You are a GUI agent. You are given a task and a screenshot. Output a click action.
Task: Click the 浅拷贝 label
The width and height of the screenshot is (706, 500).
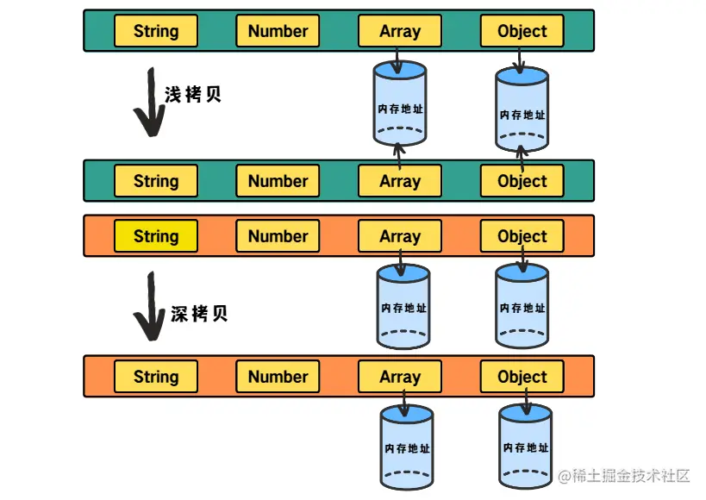click(193, 95)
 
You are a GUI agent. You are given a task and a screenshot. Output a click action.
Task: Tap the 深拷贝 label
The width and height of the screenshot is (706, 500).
click(199, 314)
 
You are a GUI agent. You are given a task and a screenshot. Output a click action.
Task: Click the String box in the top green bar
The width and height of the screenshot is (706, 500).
click(156, 31)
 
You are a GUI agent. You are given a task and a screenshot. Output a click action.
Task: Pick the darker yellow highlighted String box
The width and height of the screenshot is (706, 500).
click(156, 236)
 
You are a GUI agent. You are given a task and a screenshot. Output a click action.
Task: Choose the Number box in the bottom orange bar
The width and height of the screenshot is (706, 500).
click(278, 377)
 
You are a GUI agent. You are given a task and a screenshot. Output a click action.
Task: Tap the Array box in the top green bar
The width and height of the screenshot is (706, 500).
click(400, 31)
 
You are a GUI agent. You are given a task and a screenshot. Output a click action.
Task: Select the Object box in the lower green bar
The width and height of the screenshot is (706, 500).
click(522, 182)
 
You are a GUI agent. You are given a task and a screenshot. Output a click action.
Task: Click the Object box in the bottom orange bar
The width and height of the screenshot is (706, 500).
click(522, 377)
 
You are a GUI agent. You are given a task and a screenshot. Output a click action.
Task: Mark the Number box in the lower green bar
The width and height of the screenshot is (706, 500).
click(278, 182)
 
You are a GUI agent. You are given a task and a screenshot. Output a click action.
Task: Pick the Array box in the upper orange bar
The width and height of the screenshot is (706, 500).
click(400, 236)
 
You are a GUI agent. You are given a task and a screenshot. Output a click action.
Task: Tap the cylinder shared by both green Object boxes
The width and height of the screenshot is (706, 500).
click(522, 111)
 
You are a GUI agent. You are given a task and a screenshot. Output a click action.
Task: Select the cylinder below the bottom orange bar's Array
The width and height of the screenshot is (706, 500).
click(407, 447)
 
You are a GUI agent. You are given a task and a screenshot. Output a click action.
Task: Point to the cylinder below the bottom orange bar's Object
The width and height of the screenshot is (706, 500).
click(526, 447)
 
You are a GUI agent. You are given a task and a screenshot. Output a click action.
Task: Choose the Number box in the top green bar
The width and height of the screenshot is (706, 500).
click(278, 31)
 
